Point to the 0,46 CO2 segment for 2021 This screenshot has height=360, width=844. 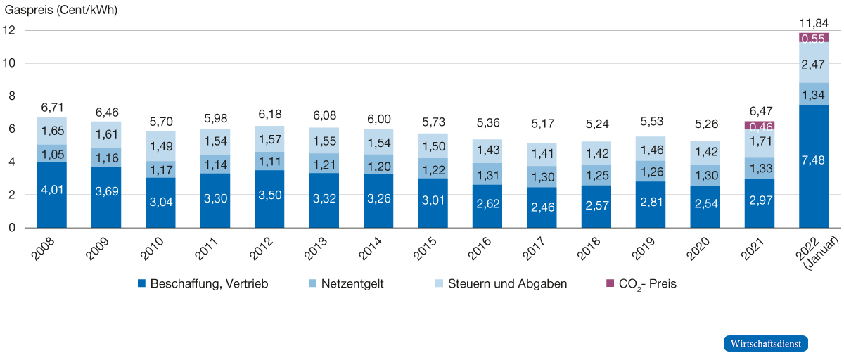click(x=760, y=127)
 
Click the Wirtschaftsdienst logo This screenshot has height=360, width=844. click(x=766, y=344)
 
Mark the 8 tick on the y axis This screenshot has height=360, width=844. click(x=12, y=96)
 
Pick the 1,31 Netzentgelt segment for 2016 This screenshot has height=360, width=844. click(x=487, y=175)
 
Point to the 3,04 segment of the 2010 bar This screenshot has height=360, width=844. click(x=160, y=202)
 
